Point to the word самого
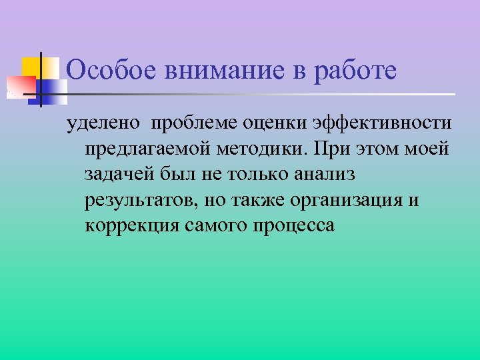[x=217, y=225]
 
